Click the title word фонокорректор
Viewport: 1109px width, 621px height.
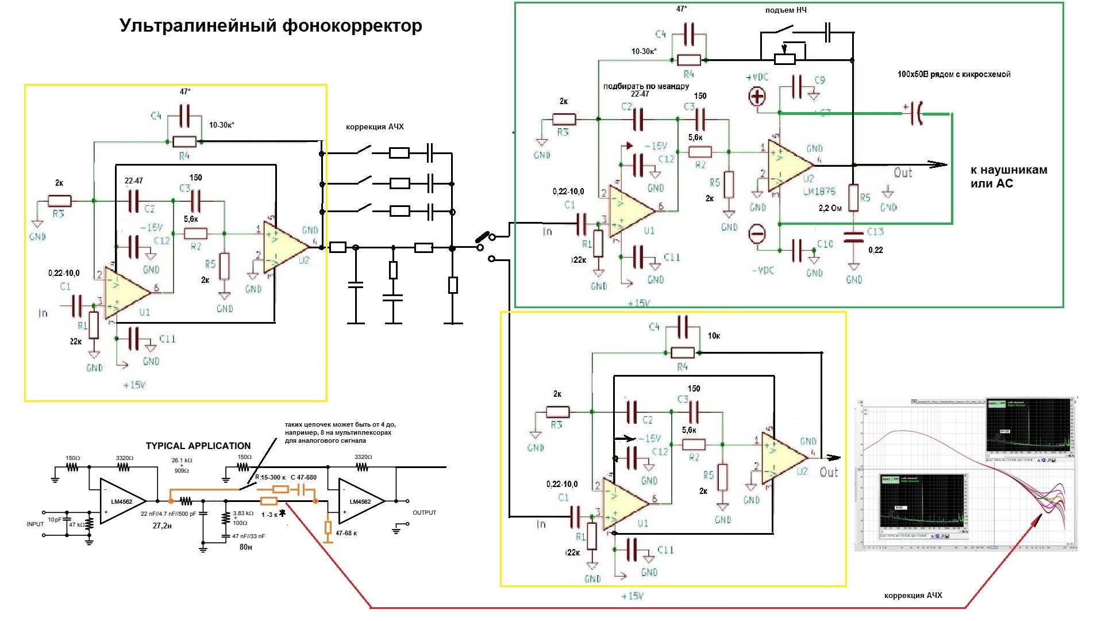point(352,26)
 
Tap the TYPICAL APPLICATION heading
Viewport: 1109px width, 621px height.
point(198,446)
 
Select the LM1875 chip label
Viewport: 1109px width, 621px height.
point(819,191)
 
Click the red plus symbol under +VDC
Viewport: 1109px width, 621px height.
point(757,97)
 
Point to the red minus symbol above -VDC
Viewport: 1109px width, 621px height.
point(757,234)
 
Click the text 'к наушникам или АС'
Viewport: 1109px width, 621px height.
point(1008,177)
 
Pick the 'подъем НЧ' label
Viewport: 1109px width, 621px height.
point(785,10)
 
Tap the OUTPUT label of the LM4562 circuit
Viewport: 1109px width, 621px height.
point(424,512)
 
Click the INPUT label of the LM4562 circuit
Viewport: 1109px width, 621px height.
point(35,524)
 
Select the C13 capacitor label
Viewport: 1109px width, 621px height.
point(875,231)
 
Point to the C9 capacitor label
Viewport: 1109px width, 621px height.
point(819,80)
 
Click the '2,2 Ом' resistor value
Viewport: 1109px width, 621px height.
point(830,208)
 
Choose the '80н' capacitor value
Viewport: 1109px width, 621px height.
point(245,547)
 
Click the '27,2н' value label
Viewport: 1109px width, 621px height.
point(162,526)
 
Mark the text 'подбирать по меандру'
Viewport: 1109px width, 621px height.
point(646,86)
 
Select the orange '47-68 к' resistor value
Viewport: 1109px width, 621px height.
point(346,533)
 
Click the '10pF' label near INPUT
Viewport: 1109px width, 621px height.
point(55,519)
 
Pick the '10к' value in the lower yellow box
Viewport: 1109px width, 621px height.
point(714,336)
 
